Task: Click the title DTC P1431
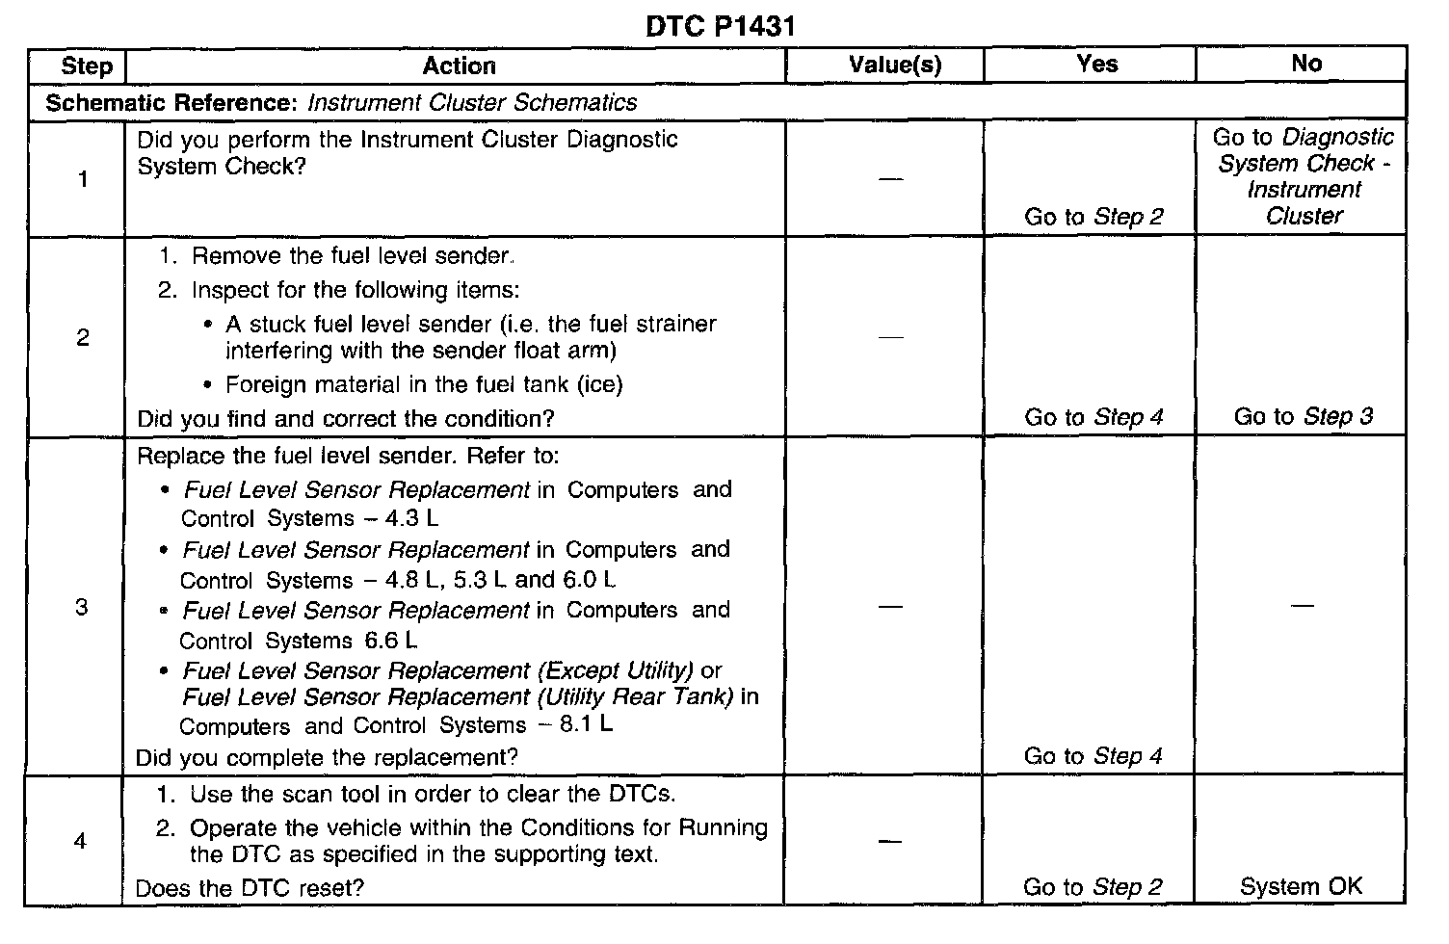[x=720, y=27]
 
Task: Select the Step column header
[x=86, y=66]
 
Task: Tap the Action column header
[x=459, y=66]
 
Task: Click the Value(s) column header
[x=894, y=66]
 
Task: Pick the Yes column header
[x=1096, y=65]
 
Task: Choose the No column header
[x=1305, y=64]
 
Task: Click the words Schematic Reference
[x=172, y=102]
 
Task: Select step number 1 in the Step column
[x=83, y=179]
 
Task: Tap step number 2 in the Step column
[x=83, y=337]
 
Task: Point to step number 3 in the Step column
[x=82, y=607]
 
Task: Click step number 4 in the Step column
[x=80, y=841]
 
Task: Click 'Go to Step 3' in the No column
[x=1303, y=417]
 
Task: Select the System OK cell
[x=1301, y=887]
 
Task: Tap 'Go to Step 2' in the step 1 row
[x=1093, y=217]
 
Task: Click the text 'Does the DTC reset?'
[x=250, y=888]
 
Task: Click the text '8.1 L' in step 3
[x=585, y=724]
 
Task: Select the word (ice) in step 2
[x=599, y=384]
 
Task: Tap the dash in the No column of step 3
[x=1302, y=606]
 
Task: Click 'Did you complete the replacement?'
[x=327, y=757]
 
